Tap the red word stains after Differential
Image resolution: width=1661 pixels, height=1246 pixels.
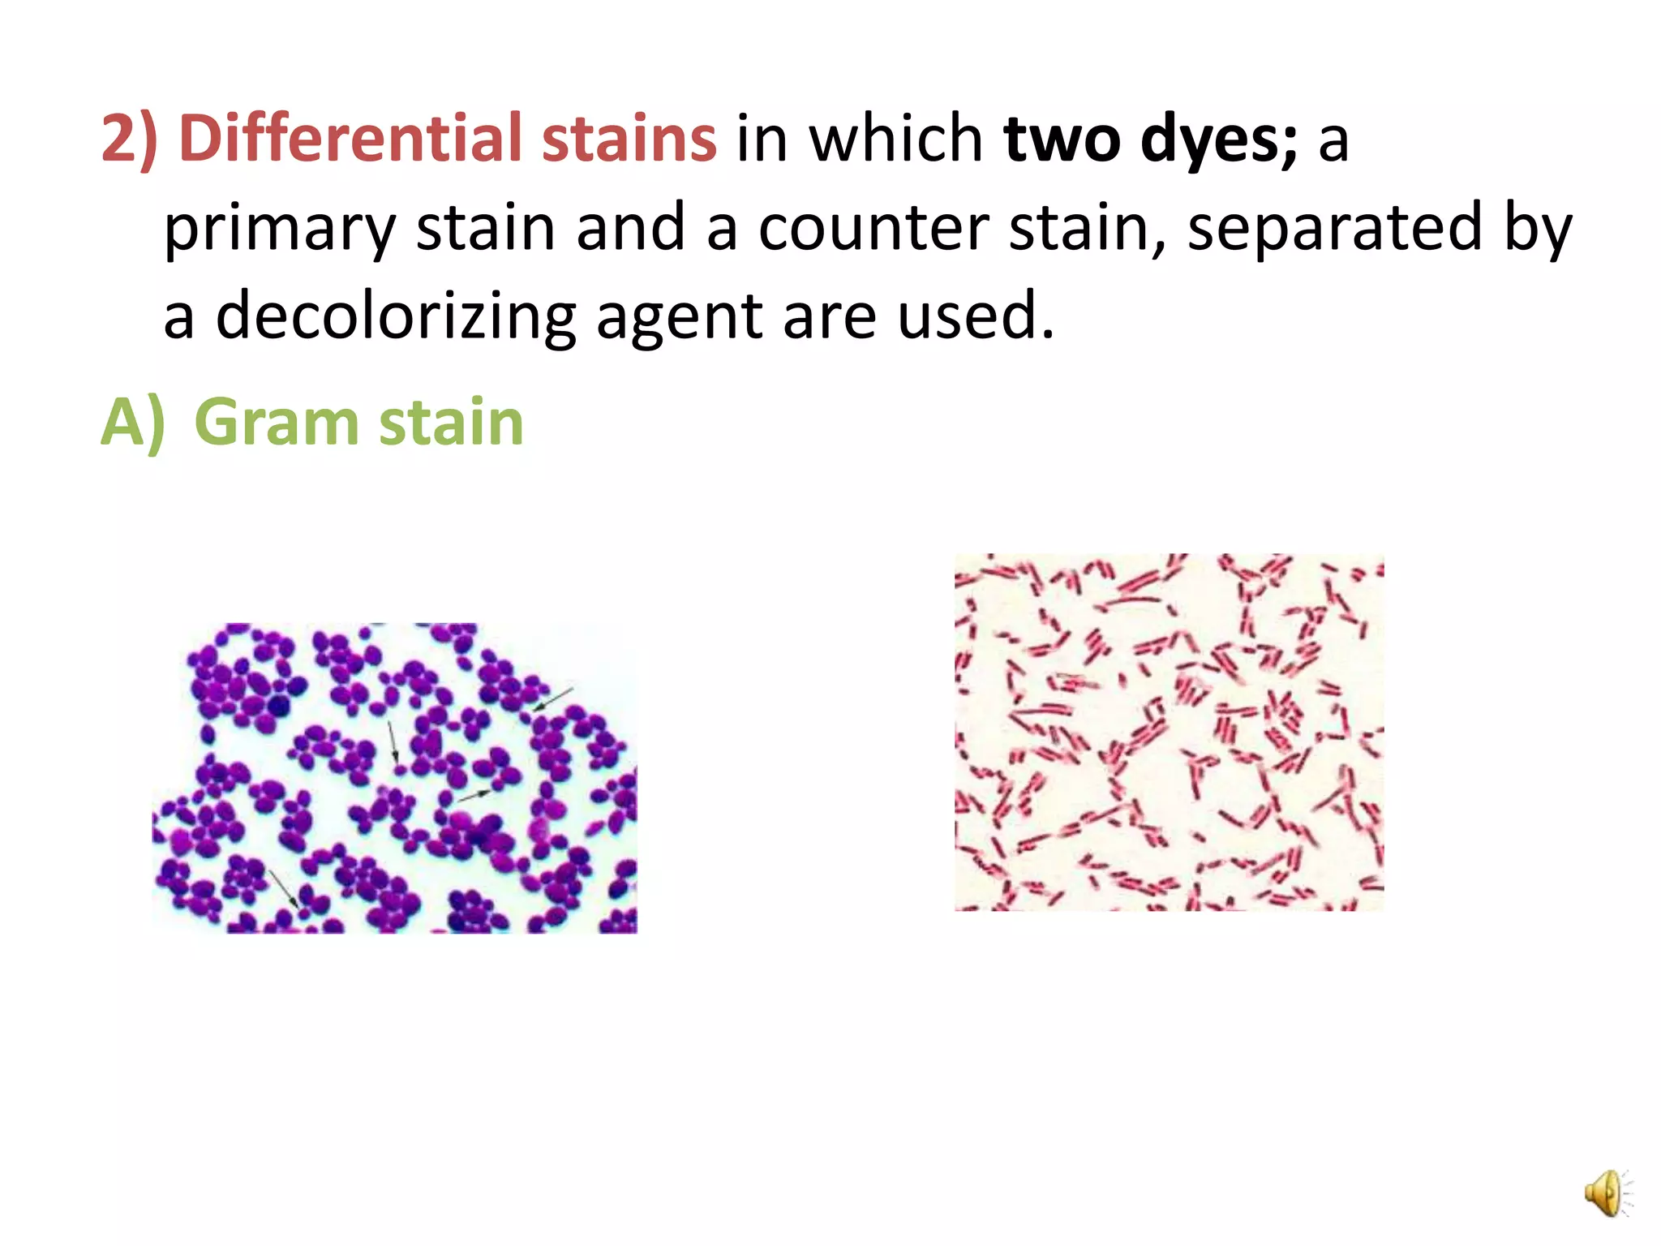point(629,139)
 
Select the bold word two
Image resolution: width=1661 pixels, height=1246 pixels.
point(1062,139)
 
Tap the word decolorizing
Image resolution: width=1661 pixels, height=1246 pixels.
point(395,316)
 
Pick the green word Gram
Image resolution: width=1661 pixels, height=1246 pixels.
point(277,423)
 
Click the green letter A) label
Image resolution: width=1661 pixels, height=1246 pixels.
point(132,423)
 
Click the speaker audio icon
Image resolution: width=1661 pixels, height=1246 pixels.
point(1607,1193)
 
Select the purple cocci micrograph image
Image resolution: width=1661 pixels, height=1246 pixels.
point(395,778)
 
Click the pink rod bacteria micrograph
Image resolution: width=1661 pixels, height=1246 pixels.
point(1169,732)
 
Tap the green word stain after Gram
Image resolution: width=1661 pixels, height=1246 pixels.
point(451,423)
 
